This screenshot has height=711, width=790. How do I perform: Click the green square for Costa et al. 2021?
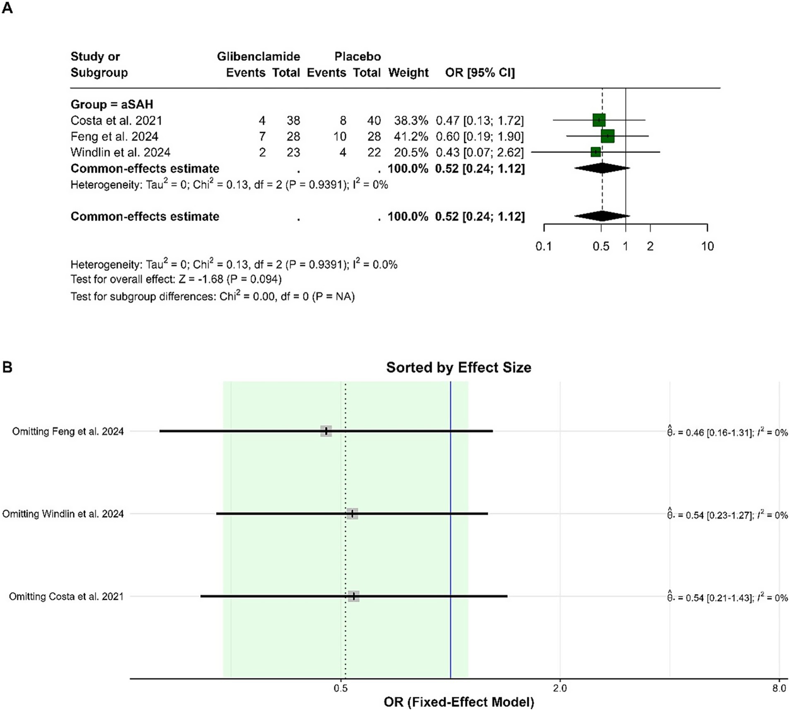coord(599,120)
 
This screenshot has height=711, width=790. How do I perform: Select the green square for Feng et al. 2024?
coord(607,136)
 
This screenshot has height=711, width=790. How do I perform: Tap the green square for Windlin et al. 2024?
coord(595,152)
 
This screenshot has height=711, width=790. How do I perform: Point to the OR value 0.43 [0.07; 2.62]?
coord(480,152)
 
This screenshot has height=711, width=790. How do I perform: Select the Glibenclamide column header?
coord(258,57)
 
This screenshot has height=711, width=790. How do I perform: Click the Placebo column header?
coord(357,57)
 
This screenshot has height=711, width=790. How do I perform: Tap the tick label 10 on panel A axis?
coord(707,246)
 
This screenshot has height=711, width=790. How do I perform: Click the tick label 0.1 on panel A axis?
coord(543,246)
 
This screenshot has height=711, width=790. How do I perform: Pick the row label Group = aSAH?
coord(112,105)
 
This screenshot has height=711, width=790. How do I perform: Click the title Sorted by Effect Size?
coord(459,368)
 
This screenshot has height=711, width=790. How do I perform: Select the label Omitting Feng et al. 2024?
coord(68,431)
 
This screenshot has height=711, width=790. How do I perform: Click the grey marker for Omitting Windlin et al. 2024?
coord(352,514)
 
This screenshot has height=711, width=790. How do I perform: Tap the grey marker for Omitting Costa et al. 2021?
coord(354,596)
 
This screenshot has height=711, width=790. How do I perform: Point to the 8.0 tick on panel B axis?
coord(779,688)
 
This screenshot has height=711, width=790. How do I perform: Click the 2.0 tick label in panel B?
coord(559,688)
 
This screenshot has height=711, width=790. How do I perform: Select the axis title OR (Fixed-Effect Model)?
coord(459,702)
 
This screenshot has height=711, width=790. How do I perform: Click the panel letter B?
coord(7,367)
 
